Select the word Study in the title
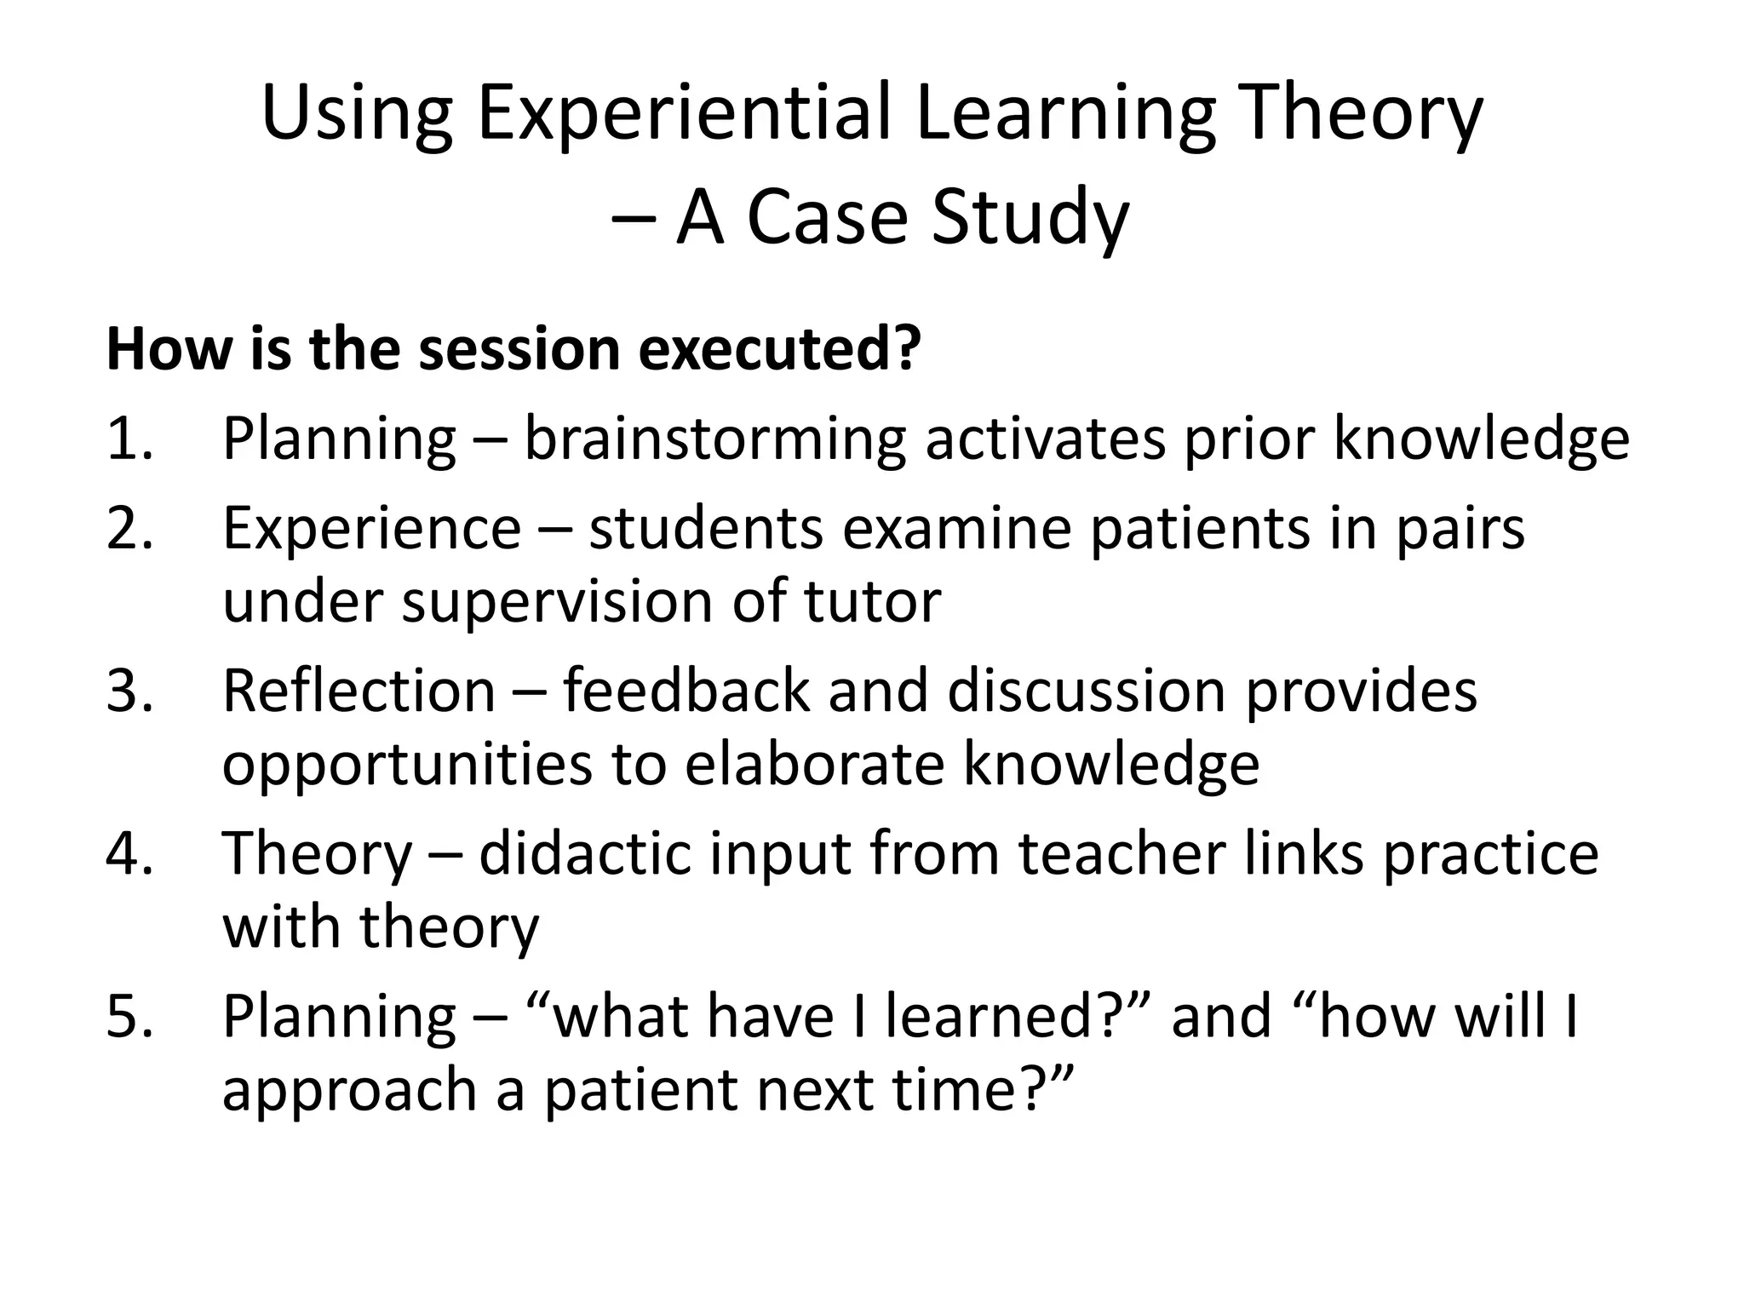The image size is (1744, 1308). (x=1030, y=219)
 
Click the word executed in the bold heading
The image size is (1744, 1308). (x=778, y=349)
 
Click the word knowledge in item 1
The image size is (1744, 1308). (x=1481, y=439)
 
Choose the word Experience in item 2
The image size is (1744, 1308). (x=371, y=529)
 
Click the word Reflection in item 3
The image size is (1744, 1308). (x=359, y=691)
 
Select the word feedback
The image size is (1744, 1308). (x=686, y=691)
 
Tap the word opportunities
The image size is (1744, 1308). (x=407, y=764)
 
